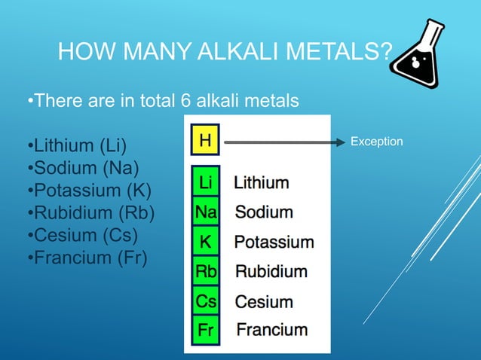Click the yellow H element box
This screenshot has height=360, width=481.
(204, 141)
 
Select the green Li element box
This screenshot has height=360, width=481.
(204, 182)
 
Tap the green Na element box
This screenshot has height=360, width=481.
(205, 212)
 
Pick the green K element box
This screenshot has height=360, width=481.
(204, 242)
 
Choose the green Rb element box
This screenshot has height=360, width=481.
(205, 271)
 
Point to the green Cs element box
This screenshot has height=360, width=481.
(205, 301)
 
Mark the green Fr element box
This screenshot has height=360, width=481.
(205, 330)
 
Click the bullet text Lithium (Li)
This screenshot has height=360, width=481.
(78, 145)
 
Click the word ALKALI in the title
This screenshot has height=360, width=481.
(229, 53)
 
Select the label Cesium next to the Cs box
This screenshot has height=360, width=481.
(264, 301)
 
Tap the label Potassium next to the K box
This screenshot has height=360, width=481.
(274, 242)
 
